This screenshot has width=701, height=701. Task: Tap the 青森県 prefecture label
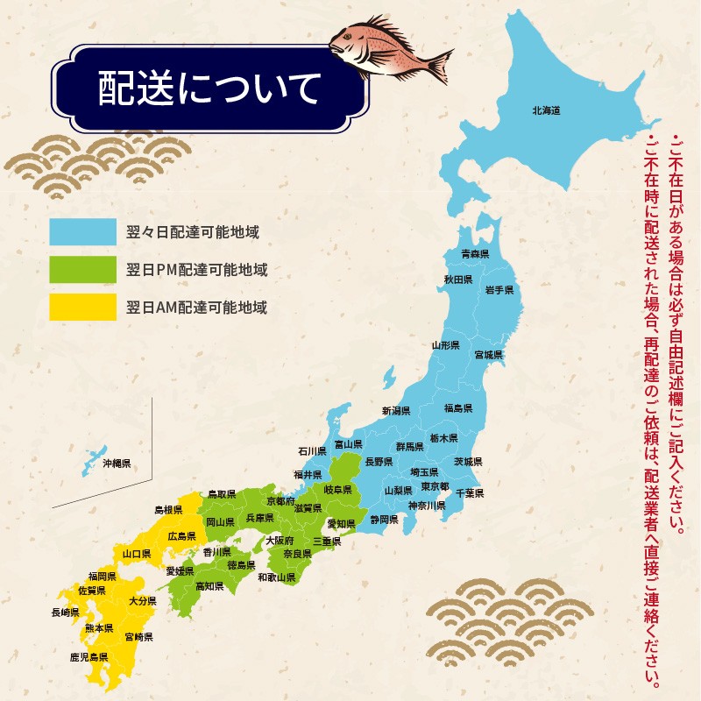pos(474,253)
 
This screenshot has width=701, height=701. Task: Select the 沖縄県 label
pos(116,463)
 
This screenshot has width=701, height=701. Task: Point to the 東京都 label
pos(435,487)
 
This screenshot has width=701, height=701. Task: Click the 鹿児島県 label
pos(89,656)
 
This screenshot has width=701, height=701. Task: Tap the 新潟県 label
pos(396,410)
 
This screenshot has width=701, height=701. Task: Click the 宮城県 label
pos(488,355)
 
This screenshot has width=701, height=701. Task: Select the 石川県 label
pos(311,451)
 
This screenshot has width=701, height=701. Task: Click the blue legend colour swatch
pos(83,232)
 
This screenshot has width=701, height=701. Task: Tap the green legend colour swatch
pos(83,270)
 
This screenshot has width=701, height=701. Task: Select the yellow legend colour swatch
pos(83,308)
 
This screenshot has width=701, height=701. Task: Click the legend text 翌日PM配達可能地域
pos(197,270)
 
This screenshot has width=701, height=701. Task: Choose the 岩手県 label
pos(499,289)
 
